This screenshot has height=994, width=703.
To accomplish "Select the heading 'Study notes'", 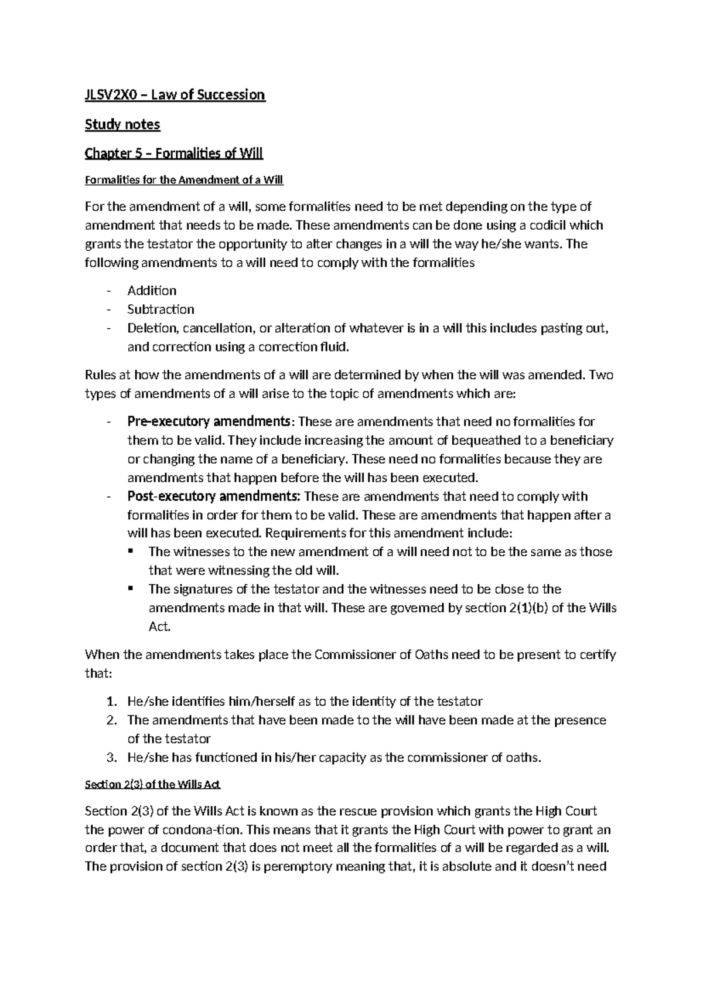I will pyautogui.click(x=122, y=124).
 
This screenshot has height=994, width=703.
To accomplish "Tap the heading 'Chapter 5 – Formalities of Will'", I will pyautogui.click(x=174, y=154).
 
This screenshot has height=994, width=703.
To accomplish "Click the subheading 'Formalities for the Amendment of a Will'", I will pyautogui.click(x=184, y=181).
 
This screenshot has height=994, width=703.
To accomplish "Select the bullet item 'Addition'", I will pyautogui.click(x=152, y=291).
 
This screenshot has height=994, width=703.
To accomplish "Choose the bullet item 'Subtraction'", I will pyautogui.click(x=161, y=309).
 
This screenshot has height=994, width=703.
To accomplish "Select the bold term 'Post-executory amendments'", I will pyautogui.click(x=214, y=497).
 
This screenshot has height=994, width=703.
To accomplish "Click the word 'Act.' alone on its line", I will pyautogui.click(x=159, y=627).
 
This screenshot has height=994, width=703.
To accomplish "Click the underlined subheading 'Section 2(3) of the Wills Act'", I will pyautogui.click(x=152, y=785).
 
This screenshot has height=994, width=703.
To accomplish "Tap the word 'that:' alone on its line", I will pyautogui.click(x=98, y=673).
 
